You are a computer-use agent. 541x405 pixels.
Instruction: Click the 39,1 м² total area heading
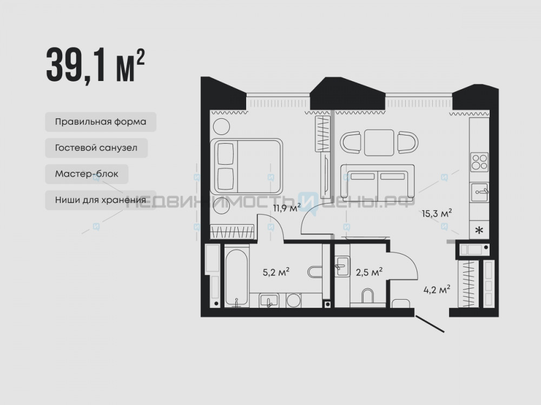pyautogui.click(x=95, y=66)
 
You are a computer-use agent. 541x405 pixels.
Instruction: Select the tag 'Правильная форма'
pyautogui.click(x=101, y=122)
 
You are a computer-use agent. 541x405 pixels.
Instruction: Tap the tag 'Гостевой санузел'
pyautogui.click(x=96, y=148)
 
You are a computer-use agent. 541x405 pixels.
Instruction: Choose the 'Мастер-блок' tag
pyautogui.click(x=87, y=174)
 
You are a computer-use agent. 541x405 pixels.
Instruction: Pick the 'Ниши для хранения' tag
pyautogui.click(x=101, y=200)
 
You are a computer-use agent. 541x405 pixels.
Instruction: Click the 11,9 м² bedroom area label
pyautogui.click(x=287, y=208)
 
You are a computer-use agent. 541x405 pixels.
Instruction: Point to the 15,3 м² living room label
pyautogui.click(x=437, y=213)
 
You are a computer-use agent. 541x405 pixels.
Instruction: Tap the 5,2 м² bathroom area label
pyautogui.click(x=276, y=272)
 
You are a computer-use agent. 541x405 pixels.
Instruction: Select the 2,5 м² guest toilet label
pyautogui.click(x=369, y=272)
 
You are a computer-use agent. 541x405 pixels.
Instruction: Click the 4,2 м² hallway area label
pyautogui.click(x=437, y=289)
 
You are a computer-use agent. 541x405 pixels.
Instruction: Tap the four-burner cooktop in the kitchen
pyautogui.click(x=479, y=162)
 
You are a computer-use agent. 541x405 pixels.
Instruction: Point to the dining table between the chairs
pyautogui.click(x=379, y=143)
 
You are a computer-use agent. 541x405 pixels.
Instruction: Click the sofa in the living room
pyautogui.click(x=378, y=183)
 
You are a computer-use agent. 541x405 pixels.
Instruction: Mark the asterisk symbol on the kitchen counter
pyautogui.click(x=479, y=231)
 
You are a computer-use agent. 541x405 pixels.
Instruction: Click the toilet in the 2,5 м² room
pyautogui.click(x=368, y=295)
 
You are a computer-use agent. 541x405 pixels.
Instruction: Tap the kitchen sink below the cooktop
pyautogui.click(x=479, y=192)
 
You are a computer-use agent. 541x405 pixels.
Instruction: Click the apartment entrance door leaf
pyautogui.click(x=430, y=323)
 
